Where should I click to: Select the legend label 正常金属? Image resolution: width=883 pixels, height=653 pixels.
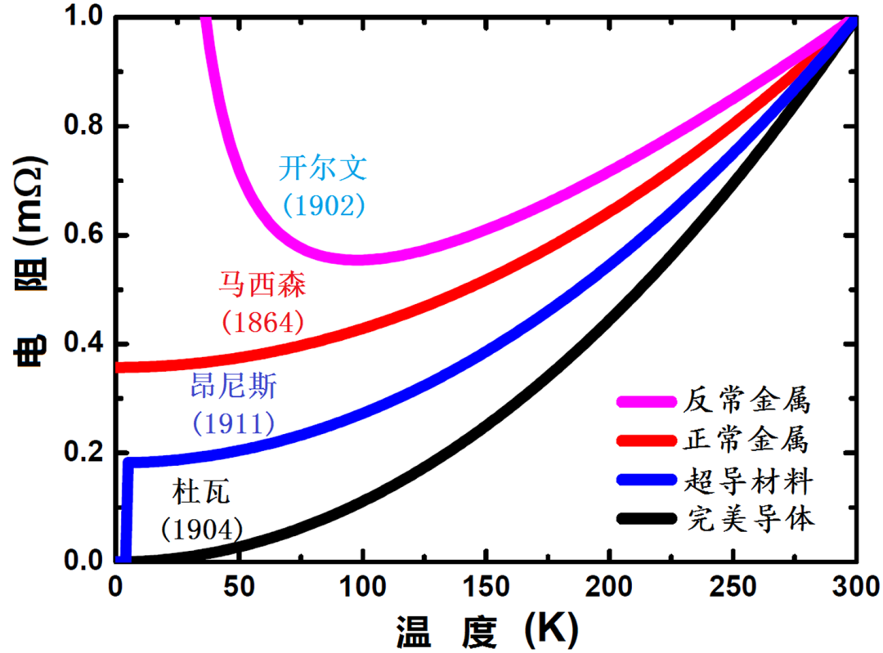coord(749,441)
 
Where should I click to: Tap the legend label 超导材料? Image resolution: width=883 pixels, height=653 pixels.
coord(749,481)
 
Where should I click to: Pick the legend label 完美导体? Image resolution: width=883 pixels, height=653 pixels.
coord(749,520)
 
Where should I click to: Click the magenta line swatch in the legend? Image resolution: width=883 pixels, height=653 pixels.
coord(646,402)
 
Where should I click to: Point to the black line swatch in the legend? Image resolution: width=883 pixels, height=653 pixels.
coord(646,520)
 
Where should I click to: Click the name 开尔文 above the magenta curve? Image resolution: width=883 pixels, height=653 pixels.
coord(324,168)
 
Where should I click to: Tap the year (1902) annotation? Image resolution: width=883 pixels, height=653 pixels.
coord(324,205)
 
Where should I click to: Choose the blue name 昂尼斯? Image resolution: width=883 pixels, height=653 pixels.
coord(233,386)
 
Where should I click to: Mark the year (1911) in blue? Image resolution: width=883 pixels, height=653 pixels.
coord(233,423)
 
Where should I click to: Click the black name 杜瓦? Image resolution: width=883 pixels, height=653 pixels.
coord(202,491)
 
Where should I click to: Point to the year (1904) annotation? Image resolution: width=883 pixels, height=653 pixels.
coord(202,529)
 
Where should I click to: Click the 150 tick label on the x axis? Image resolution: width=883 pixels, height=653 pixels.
coord(486,588)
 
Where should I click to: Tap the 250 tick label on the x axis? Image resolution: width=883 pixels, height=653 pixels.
coord(733,588)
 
